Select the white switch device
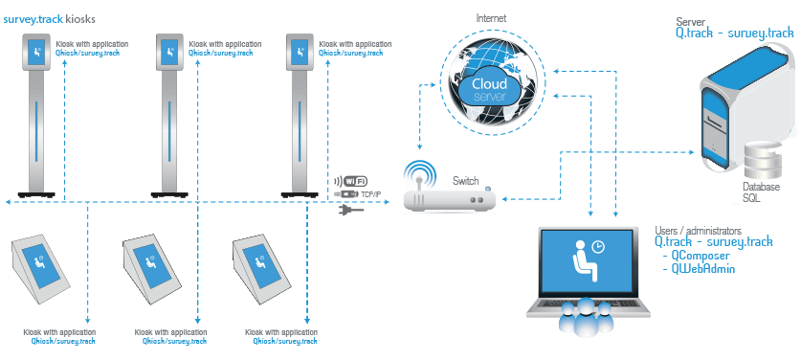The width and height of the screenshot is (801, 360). coord(447,199)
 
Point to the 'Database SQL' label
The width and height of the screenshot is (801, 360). coord(755,191)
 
